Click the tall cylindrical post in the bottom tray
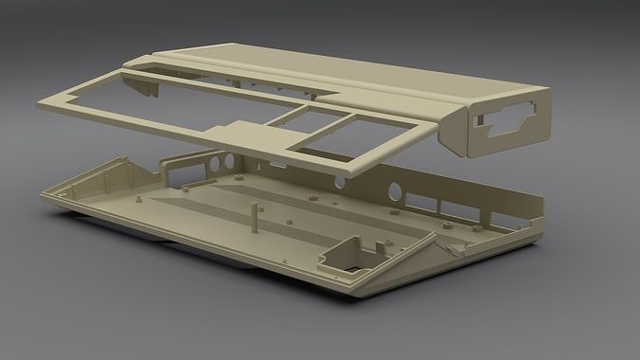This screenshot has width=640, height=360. coord(253,216)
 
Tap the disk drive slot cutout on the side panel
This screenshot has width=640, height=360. coord(512,121)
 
